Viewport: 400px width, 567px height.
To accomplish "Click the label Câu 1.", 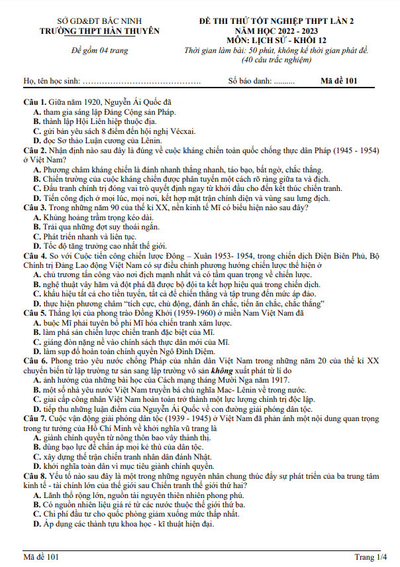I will [x=34, y=102].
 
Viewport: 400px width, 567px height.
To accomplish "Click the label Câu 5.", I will [x=34, y=312].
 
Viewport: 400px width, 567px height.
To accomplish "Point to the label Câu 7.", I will [x=34, y=419].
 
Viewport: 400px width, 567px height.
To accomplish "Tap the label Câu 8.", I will [x=34, y=476].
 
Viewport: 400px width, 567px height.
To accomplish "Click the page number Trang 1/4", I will [x=371, y=556].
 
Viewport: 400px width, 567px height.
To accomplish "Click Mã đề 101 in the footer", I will [x=41, y=556].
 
